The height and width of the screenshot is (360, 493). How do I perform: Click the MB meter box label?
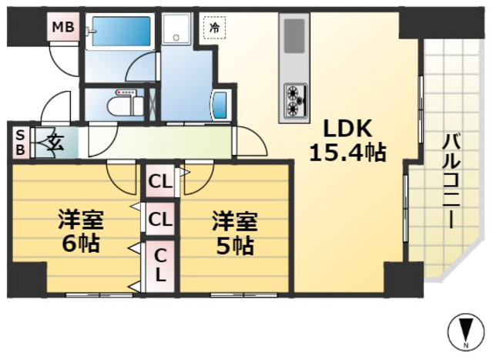click(x=62, y=29)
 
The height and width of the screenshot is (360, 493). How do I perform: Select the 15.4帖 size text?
click(x=347, y=152)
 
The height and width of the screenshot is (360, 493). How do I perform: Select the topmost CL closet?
click(x=160, y=182)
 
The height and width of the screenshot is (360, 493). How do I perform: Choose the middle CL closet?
click(x=160, y=219)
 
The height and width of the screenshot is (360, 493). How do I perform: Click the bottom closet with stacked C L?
click(x=160, y=264)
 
